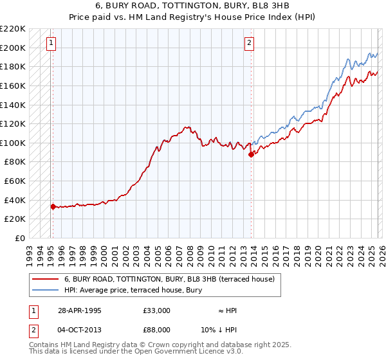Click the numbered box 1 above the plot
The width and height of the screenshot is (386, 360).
(x=51, y=44)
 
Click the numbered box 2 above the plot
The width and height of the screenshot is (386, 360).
(x=249, y=44)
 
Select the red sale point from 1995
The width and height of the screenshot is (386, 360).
(x=53, y=206)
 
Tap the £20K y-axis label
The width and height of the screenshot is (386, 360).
(x=15, y=219)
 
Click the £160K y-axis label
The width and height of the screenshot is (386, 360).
(x=13, y=85)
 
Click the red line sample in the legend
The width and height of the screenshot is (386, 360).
(x=46, y=279)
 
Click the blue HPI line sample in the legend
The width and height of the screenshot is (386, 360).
(x=46, y=290)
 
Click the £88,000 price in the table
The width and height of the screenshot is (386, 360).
(x=156, y=330)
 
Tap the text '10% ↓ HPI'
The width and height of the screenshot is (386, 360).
(x=228, y=330)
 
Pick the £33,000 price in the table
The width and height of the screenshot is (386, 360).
(x=156, y=310)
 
